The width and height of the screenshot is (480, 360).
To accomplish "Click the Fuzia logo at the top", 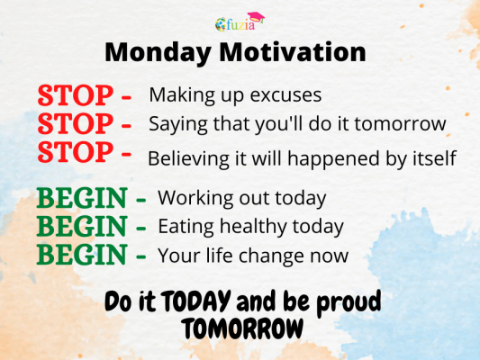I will (x=240, y=22).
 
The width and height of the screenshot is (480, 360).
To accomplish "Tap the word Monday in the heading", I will (x=152, y=51).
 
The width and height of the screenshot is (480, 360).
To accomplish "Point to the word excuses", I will (x=289, y=94).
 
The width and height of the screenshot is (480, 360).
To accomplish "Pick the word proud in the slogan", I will (x=348, y=301).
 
